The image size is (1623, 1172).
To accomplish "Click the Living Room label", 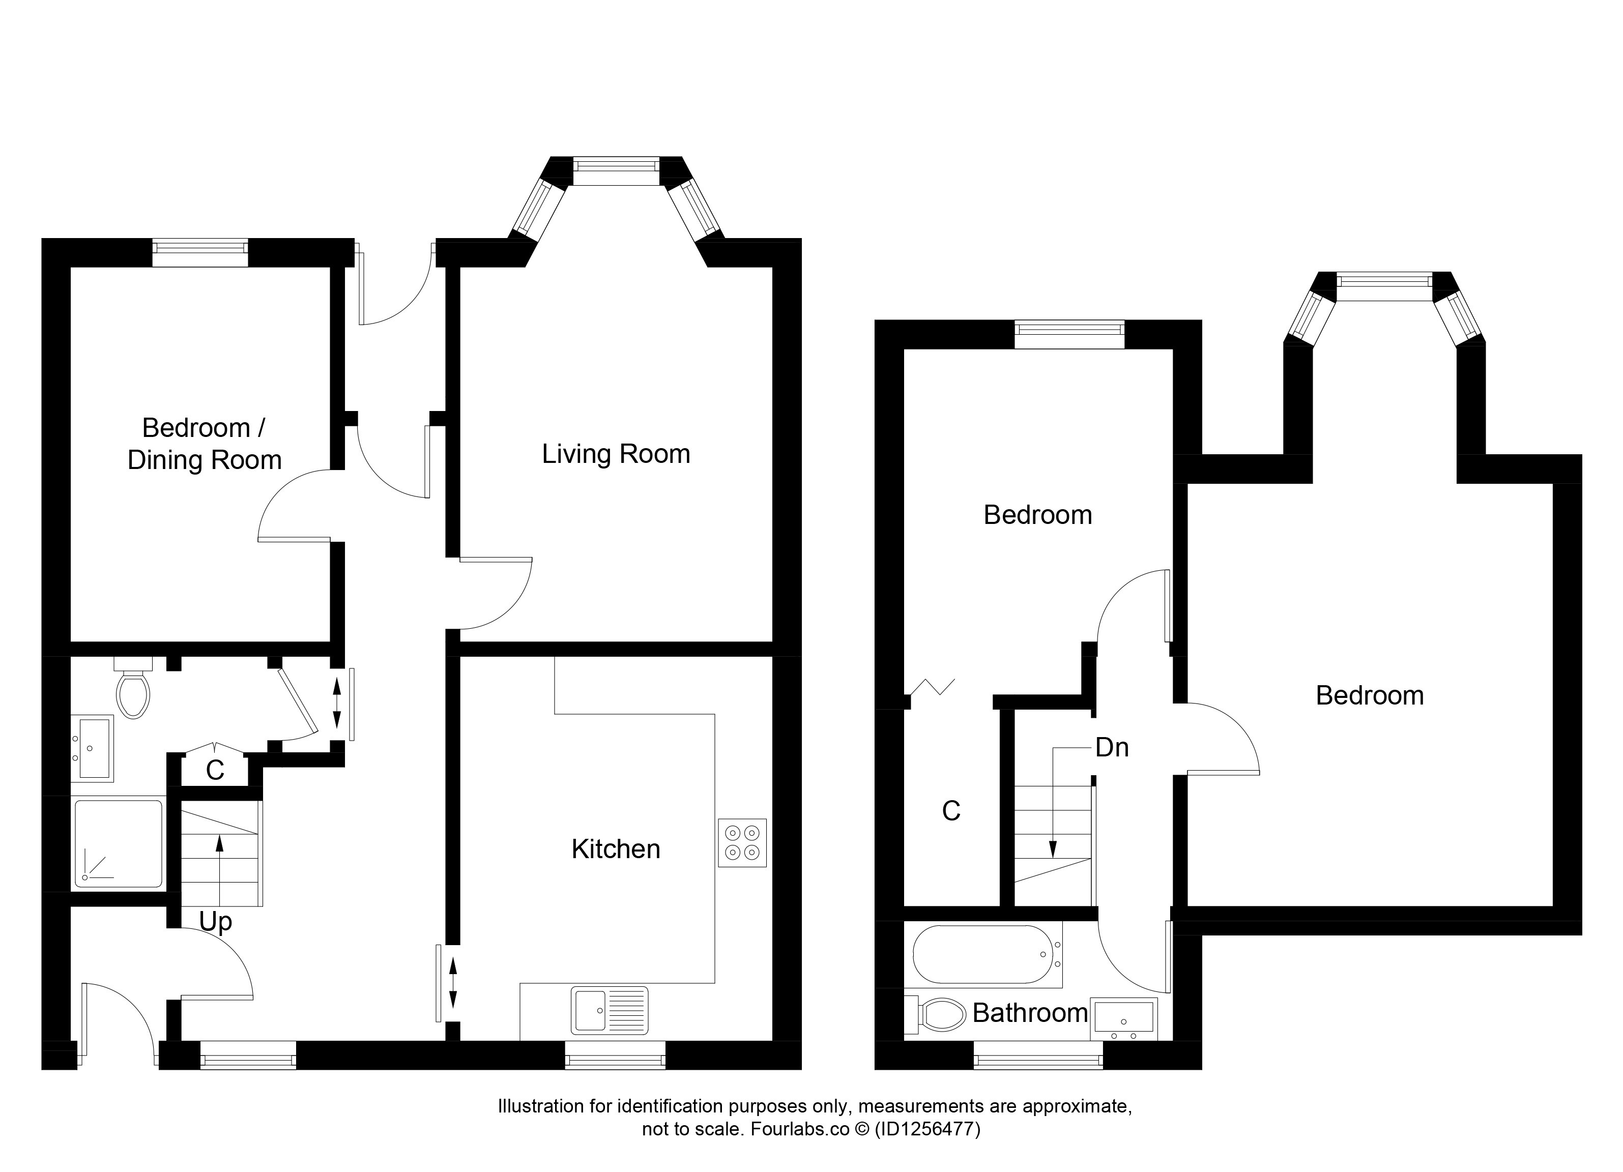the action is click(x=616, y=454).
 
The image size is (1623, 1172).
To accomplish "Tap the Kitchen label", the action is click(x=616, y=849).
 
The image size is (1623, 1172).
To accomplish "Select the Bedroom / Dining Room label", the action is click(x=205, y=444).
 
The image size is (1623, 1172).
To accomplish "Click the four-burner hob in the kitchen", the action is click(x=742, y=843).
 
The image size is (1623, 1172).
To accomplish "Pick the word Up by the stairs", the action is click(x=215, y=922).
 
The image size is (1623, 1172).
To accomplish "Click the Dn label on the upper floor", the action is click(x=1112, y=748).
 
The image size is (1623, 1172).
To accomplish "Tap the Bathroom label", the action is click(x=1030, y=1013).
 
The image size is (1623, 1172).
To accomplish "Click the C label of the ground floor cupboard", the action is click(x=215, y=771).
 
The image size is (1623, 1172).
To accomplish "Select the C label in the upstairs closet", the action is click(x=951, y=811).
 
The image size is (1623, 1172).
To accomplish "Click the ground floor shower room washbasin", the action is click(x=92, y=748).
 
